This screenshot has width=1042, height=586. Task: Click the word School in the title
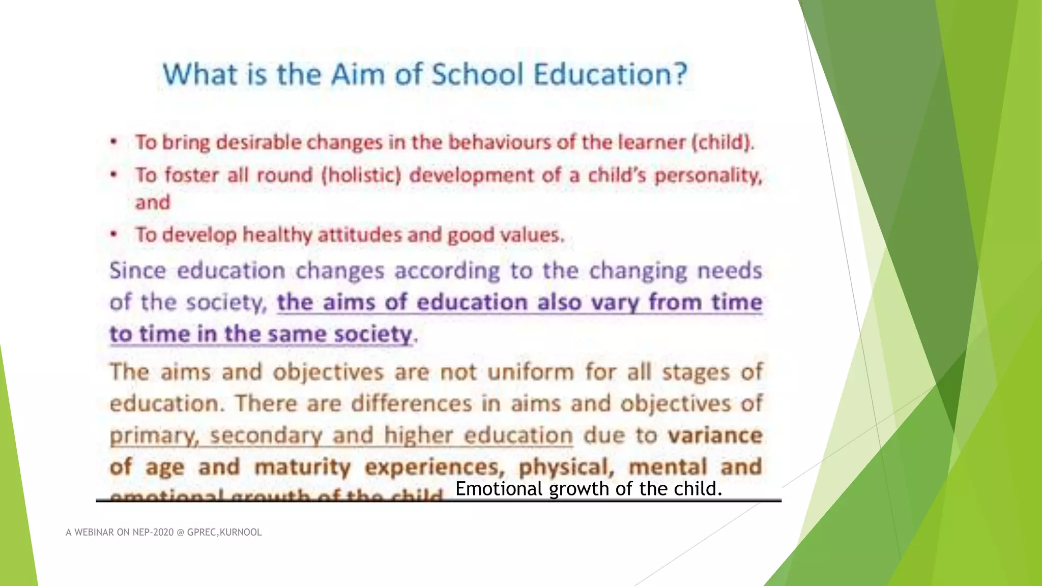(x=477, y=74)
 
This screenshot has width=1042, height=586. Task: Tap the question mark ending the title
(x=679, y=74)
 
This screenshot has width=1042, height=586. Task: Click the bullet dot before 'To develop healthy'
(x=114, y=235)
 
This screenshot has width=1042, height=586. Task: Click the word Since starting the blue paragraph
(x=138, y=271)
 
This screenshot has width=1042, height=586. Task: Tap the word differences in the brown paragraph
(x=412, y=404)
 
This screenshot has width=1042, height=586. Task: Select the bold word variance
(x=715, y=436)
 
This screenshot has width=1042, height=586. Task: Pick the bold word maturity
(x=302, y=467)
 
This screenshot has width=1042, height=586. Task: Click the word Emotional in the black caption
(x=499, y=489)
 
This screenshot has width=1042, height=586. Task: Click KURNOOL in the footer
(x=241, y=533)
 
